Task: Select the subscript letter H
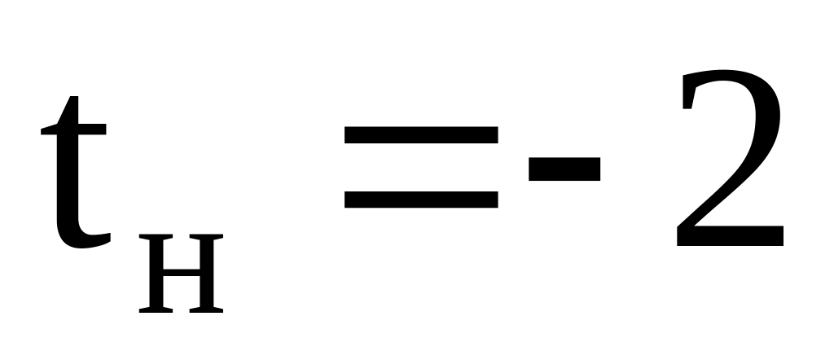click(181, 274)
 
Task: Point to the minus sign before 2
click(564, 169)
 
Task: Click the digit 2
click(729, 163)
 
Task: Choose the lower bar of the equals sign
click(420, 199)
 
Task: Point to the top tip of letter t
click(72, 99)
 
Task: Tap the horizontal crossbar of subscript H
click(181, 272)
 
